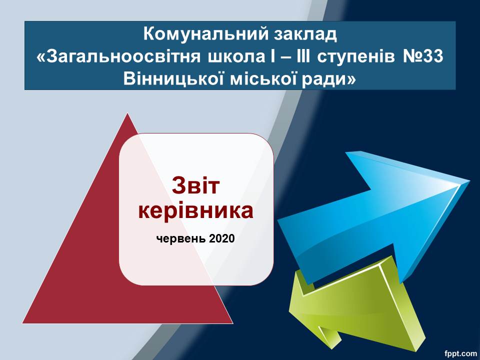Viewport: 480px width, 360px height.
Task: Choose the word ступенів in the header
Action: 356,57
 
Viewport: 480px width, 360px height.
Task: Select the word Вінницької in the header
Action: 172,79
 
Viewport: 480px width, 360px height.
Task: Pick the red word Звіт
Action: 196,185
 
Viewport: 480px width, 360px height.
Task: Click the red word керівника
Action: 196,211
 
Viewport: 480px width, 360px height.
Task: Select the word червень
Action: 181,238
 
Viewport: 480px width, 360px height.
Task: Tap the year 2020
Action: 222,238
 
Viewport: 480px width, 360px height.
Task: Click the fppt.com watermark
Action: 460,353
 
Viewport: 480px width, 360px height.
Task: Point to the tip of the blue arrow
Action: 470,180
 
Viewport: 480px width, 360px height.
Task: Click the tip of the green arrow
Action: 289,309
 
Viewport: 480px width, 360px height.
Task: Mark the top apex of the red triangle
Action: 127,113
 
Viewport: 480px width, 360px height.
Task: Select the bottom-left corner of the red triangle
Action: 22,323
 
